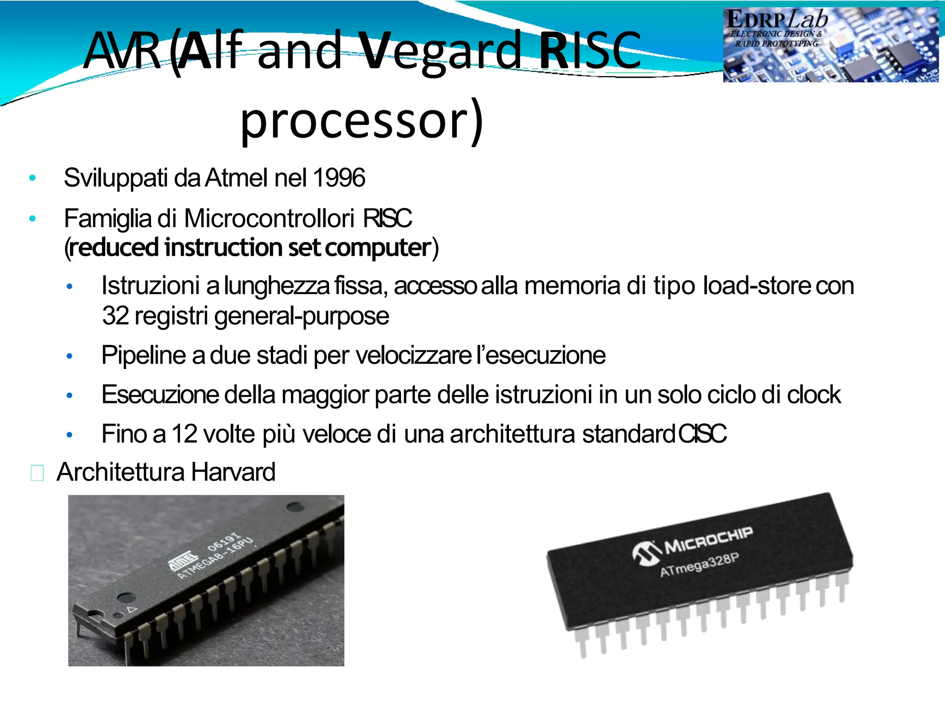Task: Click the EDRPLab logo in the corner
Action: click(x=831, y=45)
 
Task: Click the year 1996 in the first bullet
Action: click(x=339, y=178)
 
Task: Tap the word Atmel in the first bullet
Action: click(x=236, y=178)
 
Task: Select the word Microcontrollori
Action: click(x=269, y=218)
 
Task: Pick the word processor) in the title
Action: click(x=362, y=121)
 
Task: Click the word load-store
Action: click(x=756, y=286)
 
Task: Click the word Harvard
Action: click(x=233, y=472)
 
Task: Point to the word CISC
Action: click(x=702, y=434)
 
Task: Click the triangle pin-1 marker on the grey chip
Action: click(x=132, y=609)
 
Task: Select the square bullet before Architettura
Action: click(x=37, y=473)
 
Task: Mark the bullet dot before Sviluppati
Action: click(x=32, y=178)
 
